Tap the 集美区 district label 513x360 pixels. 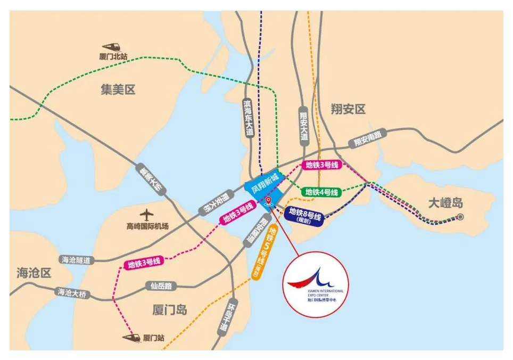pos(118,89)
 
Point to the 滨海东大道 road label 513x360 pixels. pos(248,117)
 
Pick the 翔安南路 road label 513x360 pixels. pos(368,140)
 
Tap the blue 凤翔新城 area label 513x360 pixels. pos(261,186)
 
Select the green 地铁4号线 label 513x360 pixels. pos(321,192)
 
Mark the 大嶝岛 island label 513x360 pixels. pos(446,202)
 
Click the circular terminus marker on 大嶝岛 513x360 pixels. pos(460,217)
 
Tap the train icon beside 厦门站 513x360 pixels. pos(131,337)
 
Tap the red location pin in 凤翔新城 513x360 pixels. pos(269,200)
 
